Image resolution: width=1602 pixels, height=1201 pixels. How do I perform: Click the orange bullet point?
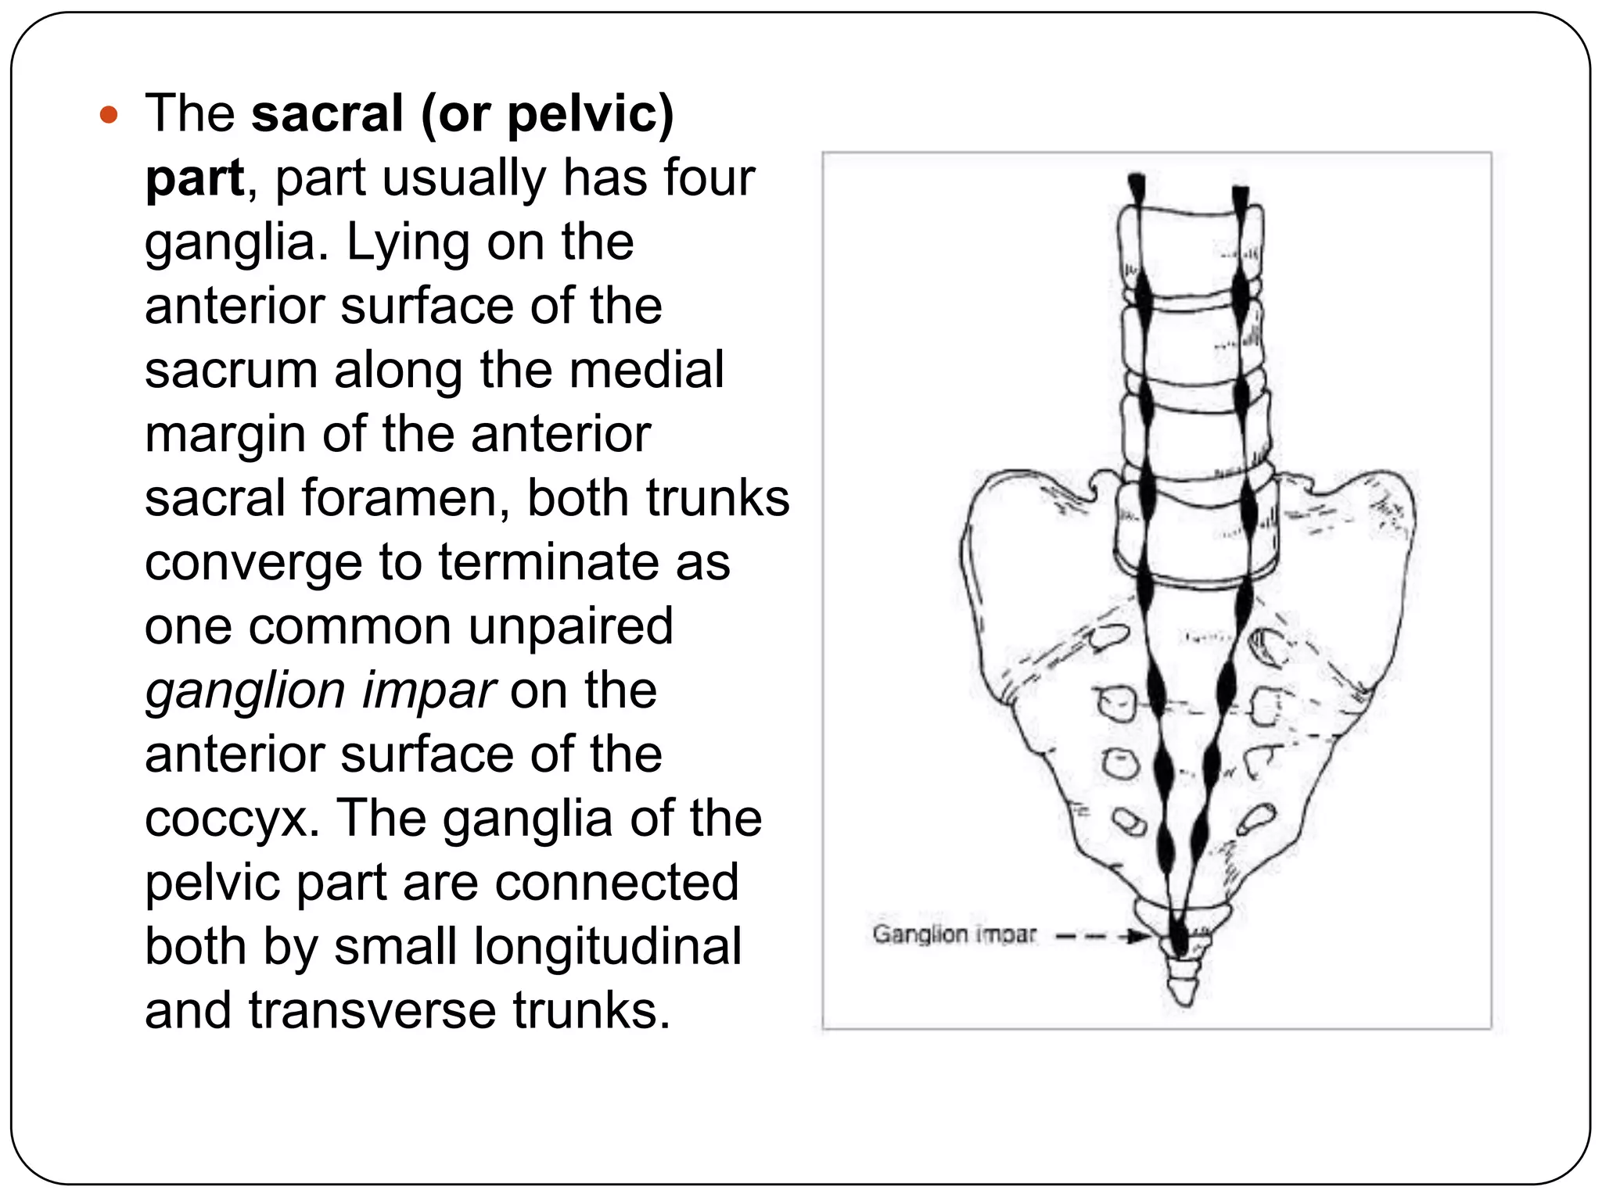109,116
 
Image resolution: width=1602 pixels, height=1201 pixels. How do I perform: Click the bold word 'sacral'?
327,113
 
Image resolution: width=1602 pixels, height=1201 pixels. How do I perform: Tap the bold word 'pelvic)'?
590,115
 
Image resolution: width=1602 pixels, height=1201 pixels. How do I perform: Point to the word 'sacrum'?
231,371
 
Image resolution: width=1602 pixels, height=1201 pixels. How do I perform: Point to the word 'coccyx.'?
232,819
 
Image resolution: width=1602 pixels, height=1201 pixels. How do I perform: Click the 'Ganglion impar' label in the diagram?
954,934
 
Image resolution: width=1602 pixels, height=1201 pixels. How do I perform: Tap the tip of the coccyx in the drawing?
1183,1000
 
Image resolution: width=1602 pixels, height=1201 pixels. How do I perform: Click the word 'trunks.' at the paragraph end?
592,1011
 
